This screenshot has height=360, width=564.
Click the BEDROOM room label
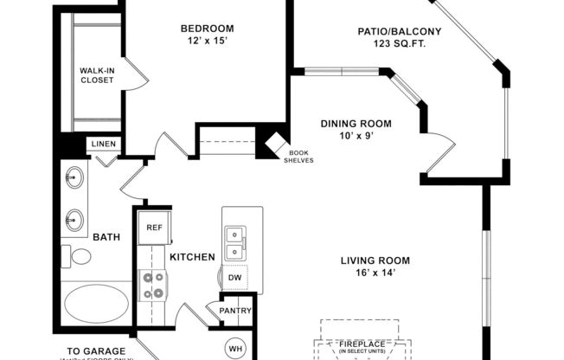[206, 27]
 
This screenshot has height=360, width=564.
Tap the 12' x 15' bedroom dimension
[206, 40]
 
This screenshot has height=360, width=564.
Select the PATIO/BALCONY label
[400, 32]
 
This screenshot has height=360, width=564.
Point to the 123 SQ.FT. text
[400, 44]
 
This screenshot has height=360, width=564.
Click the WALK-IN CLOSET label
[97, 75]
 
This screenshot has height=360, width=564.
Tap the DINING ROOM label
[356, 124]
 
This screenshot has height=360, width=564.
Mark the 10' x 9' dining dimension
[356, 137]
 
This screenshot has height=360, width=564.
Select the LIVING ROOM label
[375, 260]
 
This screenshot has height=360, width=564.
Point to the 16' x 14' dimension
[375, 273]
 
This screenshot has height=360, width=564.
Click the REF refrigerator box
[154, 228]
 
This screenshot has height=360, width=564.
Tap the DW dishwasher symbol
[235, 278]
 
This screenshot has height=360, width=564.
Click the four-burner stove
[153, 286]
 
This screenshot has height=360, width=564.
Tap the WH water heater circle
[235, 348]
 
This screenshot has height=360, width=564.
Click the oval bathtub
[97, 305]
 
